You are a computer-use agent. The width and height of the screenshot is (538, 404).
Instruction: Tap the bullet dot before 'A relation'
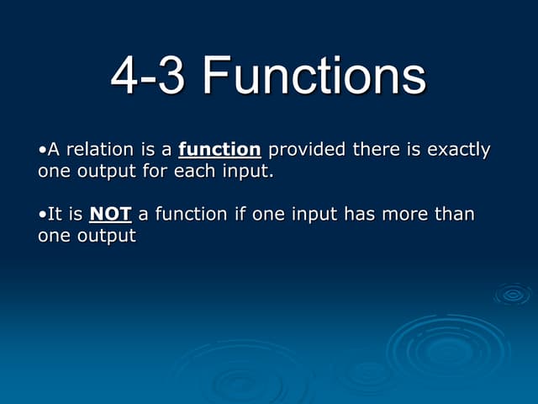(x=42, y=151)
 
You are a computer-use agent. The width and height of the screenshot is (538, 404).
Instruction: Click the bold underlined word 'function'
(x=219, y=150)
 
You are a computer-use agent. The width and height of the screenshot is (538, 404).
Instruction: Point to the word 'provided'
(x=306, y=151)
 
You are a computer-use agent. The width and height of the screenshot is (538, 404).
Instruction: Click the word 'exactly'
(x=459, y=151)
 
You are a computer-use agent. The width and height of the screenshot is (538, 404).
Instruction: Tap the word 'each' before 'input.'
(x=193, y=171)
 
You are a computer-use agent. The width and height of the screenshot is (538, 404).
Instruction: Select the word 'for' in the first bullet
(x=155, y=171)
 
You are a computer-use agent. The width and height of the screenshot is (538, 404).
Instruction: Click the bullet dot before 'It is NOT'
(x=42, y=215)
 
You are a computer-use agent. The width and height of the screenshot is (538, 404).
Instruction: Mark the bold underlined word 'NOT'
(x=110, y=215)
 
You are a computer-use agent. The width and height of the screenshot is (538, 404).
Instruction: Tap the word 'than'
(x=456, y=214)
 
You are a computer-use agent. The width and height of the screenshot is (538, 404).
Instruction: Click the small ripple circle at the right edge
(x=512, y=295)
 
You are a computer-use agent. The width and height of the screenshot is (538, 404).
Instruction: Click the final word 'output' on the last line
(x=108, y=236)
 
